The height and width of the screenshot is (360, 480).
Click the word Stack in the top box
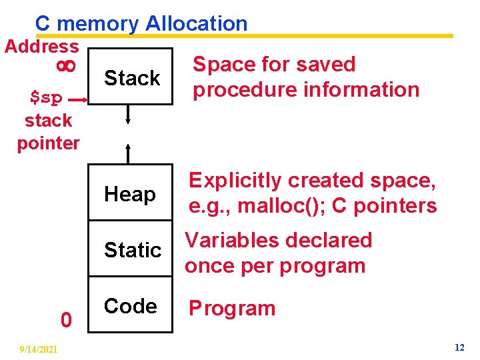132,78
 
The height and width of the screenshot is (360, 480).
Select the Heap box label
129,195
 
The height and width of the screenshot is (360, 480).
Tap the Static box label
133,250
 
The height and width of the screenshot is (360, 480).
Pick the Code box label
130,306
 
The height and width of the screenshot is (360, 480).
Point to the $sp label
47,98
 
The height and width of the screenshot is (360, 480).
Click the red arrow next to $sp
77,99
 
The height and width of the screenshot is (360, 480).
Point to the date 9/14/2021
39,349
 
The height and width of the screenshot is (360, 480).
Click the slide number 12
459,348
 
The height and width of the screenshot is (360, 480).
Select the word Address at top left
41,47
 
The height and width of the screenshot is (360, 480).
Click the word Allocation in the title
196,24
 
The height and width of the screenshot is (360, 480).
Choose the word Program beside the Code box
232,309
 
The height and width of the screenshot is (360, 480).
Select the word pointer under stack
48,143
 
